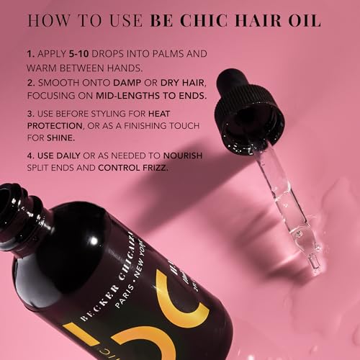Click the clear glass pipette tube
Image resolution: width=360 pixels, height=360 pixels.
pyautogui.click(x=288, y=194)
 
